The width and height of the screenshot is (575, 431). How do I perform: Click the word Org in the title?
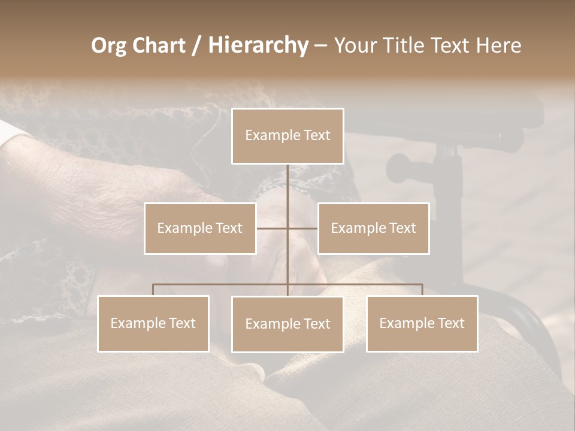point(109,45)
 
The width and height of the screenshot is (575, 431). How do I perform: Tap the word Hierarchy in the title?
point(258,45)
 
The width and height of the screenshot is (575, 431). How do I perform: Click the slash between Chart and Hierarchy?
point(196,46)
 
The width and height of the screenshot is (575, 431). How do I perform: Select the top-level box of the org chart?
point(287,136)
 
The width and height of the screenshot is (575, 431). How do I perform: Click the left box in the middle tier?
point(200,228)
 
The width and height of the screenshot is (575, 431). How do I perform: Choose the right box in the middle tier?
point(373,228)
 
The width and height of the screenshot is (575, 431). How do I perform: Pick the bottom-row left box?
point(153,323)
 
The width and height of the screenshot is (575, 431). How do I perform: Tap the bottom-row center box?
point(287,324)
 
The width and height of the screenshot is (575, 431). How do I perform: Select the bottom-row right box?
point(422,323)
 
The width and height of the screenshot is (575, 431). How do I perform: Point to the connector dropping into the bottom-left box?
point(153,289)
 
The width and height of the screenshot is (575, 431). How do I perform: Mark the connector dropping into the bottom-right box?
point(422,289)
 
